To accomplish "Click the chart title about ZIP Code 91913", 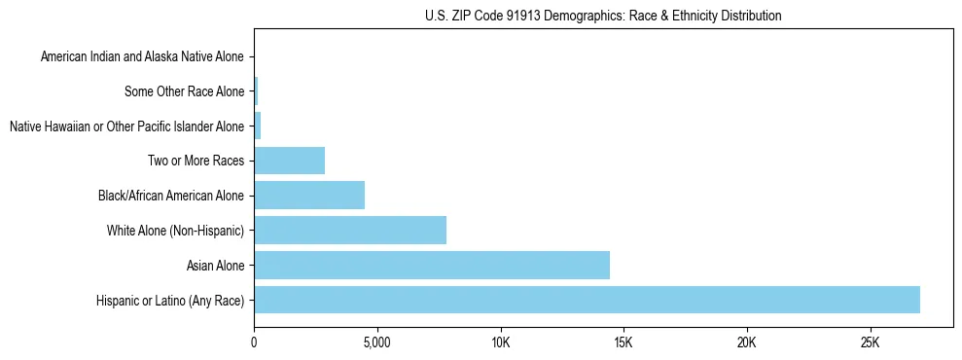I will (603, 16).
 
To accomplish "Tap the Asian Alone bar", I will (432, 265).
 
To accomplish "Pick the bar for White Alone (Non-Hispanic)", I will (350, 230).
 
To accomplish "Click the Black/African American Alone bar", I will (309, 195).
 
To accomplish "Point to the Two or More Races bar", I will (289, 161).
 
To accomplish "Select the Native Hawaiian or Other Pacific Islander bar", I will (258, 126).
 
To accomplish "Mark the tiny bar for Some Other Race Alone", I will (256, 91).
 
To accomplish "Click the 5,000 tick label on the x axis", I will (376, 343).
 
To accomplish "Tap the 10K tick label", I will (500, 343).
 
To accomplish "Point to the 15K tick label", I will (624, 343).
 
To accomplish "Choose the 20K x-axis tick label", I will (746, 343).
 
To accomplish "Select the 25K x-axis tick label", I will (870, 343).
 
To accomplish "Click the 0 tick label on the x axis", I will (254, 343).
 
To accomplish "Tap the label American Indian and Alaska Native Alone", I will (142, 57).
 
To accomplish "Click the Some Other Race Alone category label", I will (185, 91).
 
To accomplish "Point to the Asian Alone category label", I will (215, 265).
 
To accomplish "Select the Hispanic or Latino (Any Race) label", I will (170, 300).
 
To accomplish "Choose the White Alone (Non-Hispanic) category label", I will (175, 230).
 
